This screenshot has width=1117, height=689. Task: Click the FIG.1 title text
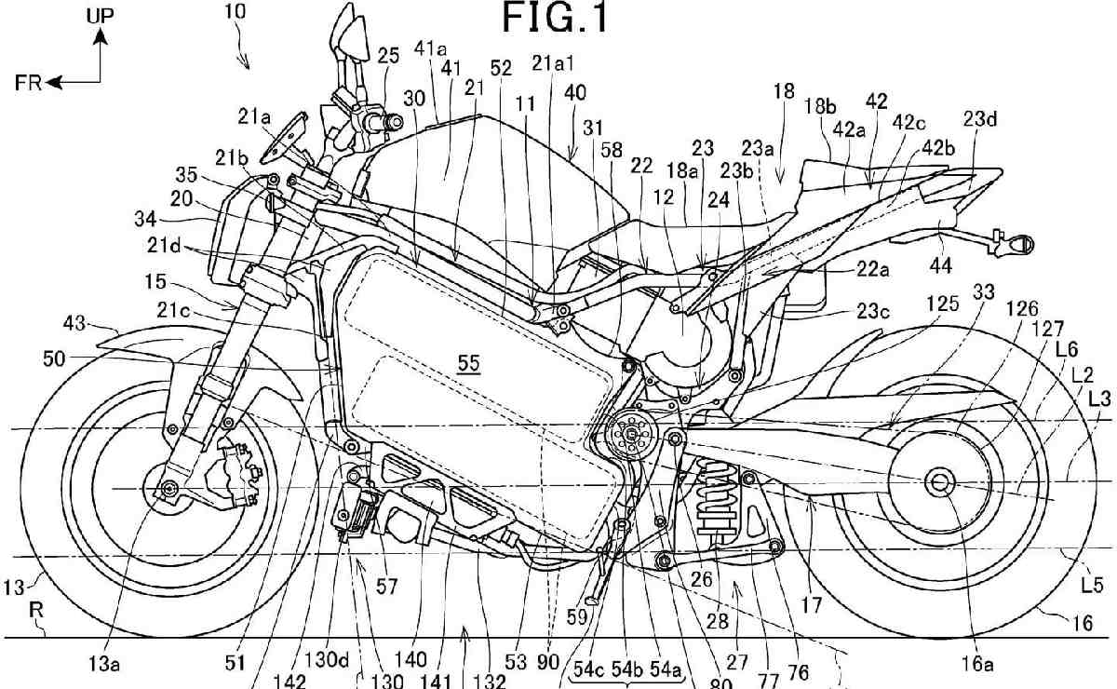[x=557, y=18]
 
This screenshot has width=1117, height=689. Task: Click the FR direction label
[x=28, y=82]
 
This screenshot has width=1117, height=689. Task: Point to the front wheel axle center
[x=168, y=489]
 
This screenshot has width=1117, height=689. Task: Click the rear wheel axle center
[x=937, y=480]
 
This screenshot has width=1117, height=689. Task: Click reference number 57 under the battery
[x=386, y=586]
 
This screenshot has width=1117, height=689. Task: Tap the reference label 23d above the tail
[x=980, y=119]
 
